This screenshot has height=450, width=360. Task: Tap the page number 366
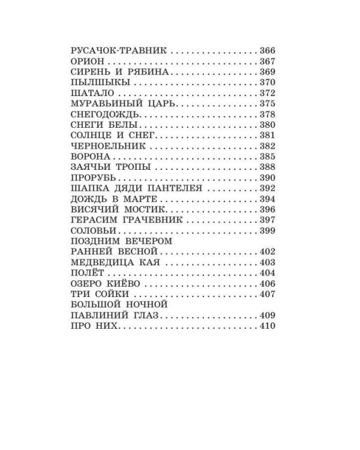pos(267,51)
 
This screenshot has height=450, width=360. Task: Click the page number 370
pos(267,82)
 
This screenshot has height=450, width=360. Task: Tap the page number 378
pos(267,114)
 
